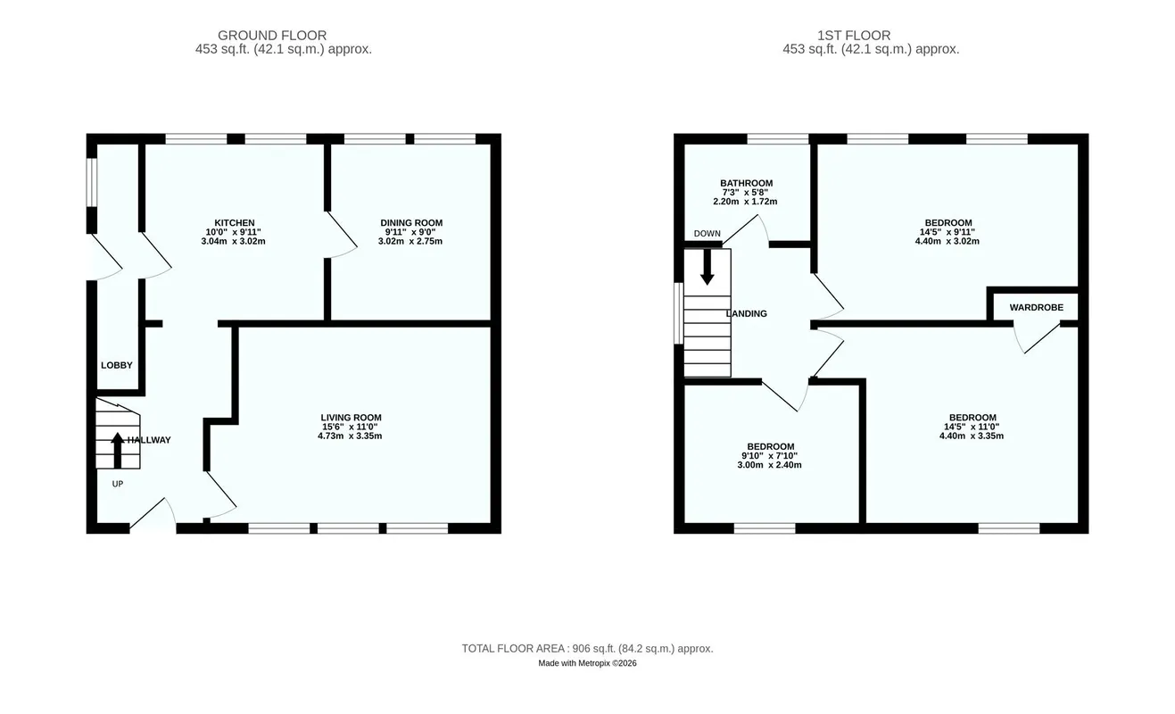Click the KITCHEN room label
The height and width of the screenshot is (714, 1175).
coord(234,223)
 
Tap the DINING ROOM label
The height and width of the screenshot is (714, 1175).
coord(411,223)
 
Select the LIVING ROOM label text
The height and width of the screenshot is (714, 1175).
coord(351,418)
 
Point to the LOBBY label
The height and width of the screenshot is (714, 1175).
coord(117,365)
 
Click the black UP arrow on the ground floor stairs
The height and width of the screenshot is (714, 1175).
coord(118,450)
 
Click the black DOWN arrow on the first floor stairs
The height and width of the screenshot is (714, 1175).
coord(707,267)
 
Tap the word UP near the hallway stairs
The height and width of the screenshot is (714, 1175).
coord(118,484)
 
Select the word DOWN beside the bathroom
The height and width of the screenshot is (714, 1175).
coord(707,234)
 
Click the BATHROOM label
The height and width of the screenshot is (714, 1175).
coord(746,183)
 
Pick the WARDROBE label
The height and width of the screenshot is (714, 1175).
coord(1036,307)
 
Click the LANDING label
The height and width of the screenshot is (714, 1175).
coord(747,314)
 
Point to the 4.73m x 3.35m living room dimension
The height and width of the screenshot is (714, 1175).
coord(350,436)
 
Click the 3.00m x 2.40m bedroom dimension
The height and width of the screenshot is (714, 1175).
coord(770,465)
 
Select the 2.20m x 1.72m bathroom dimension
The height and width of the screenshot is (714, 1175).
coord(745,202)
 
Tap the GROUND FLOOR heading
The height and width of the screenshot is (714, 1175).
coord(272,36)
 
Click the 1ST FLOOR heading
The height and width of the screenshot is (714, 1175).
coord(854,36)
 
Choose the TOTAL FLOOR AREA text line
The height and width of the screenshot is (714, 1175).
coord(587,649)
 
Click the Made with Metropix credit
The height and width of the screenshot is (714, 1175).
coord(587,663)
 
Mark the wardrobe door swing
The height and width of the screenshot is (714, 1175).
coord(1036,339)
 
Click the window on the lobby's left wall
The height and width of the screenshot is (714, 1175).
coord(92,183)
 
